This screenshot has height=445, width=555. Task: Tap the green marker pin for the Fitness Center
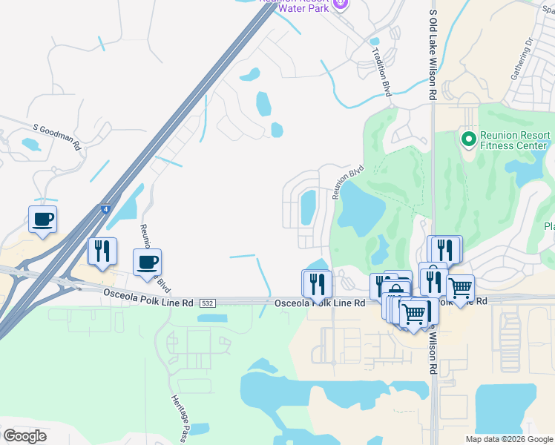pos(468,139)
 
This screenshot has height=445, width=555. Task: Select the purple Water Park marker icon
pos(340,4)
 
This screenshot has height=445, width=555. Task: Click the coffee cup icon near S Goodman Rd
pos(42,220)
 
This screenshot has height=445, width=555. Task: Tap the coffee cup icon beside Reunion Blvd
pos(147,263)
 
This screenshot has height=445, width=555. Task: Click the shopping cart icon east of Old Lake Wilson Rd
pos(460,288)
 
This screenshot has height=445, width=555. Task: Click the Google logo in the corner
pos(24,436)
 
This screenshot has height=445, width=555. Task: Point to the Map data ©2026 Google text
pos(509,439)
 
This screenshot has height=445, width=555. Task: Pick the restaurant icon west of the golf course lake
pos(316,283)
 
